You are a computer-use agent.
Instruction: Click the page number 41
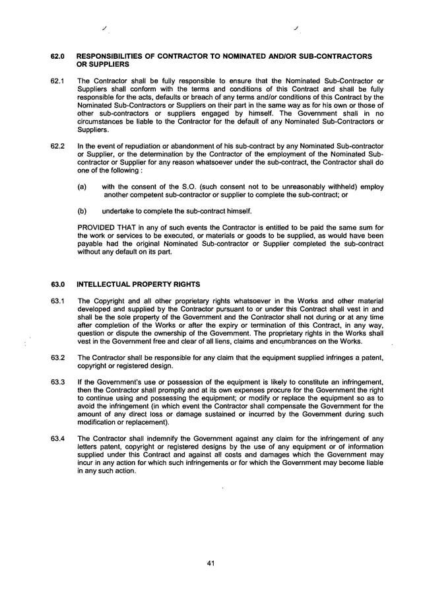(210, 563)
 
